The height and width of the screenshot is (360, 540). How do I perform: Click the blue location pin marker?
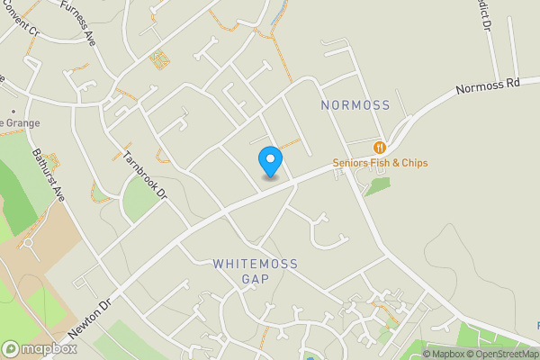pyautogui.click(x=270, y=160)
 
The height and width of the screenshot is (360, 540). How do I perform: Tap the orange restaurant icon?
pyautogui.click(x=380, y=147)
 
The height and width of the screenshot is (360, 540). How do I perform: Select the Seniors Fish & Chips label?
pyautogui.click(x=380, y=163)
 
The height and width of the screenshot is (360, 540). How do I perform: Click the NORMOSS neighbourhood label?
pyautogui.click(x=355, y=105)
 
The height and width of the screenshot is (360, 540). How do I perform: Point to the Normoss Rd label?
pyautogui.click(x=488, y=87)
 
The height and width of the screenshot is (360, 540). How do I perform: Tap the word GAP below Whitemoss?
pyautogui.click(x=256, y=279)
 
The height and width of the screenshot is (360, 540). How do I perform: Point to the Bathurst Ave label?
pyautogui.click(x=49, y=174)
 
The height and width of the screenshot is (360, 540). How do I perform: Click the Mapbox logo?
pyautogui.click(x=39, y=348)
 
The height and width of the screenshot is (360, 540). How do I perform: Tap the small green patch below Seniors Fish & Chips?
pyautogui.click(x=378, y=186)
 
